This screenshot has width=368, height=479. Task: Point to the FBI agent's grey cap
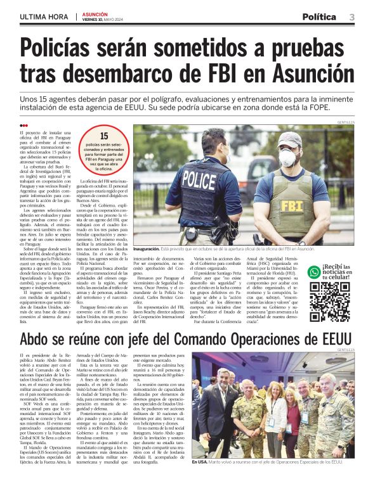click(290, 138)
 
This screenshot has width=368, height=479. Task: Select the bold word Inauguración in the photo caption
click(152, 250)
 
